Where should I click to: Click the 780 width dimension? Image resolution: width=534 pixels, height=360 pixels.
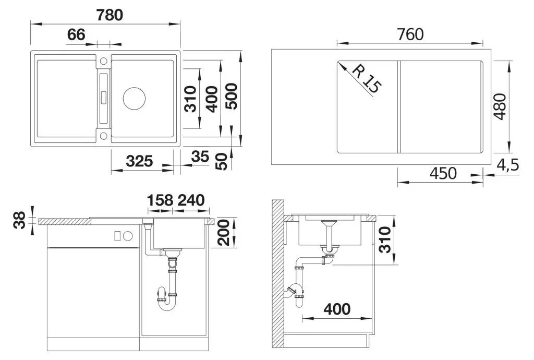(x=110, y=15)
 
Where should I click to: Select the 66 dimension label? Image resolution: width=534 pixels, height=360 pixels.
(x=76, y=35)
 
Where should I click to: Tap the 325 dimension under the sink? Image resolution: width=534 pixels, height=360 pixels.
(x=139, y=161)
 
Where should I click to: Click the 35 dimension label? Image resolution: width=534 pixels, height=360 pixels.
(x=200, y=157)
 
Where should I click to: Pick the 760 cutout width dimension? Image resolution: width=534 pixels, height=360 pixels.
(x=410, y=34)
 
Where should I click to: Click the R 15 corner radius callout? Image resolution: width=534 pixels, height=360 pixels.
(x=366, y=79)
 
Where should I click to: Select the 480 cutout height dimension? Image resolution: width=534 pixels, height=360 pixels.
(x=500, y=106)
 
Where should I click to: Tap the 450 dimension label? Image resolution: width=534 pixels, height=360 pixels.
(x=443, y=173)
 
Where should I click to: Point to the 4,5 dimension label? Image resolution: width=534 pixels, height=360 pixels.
(x=508, y=165)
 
